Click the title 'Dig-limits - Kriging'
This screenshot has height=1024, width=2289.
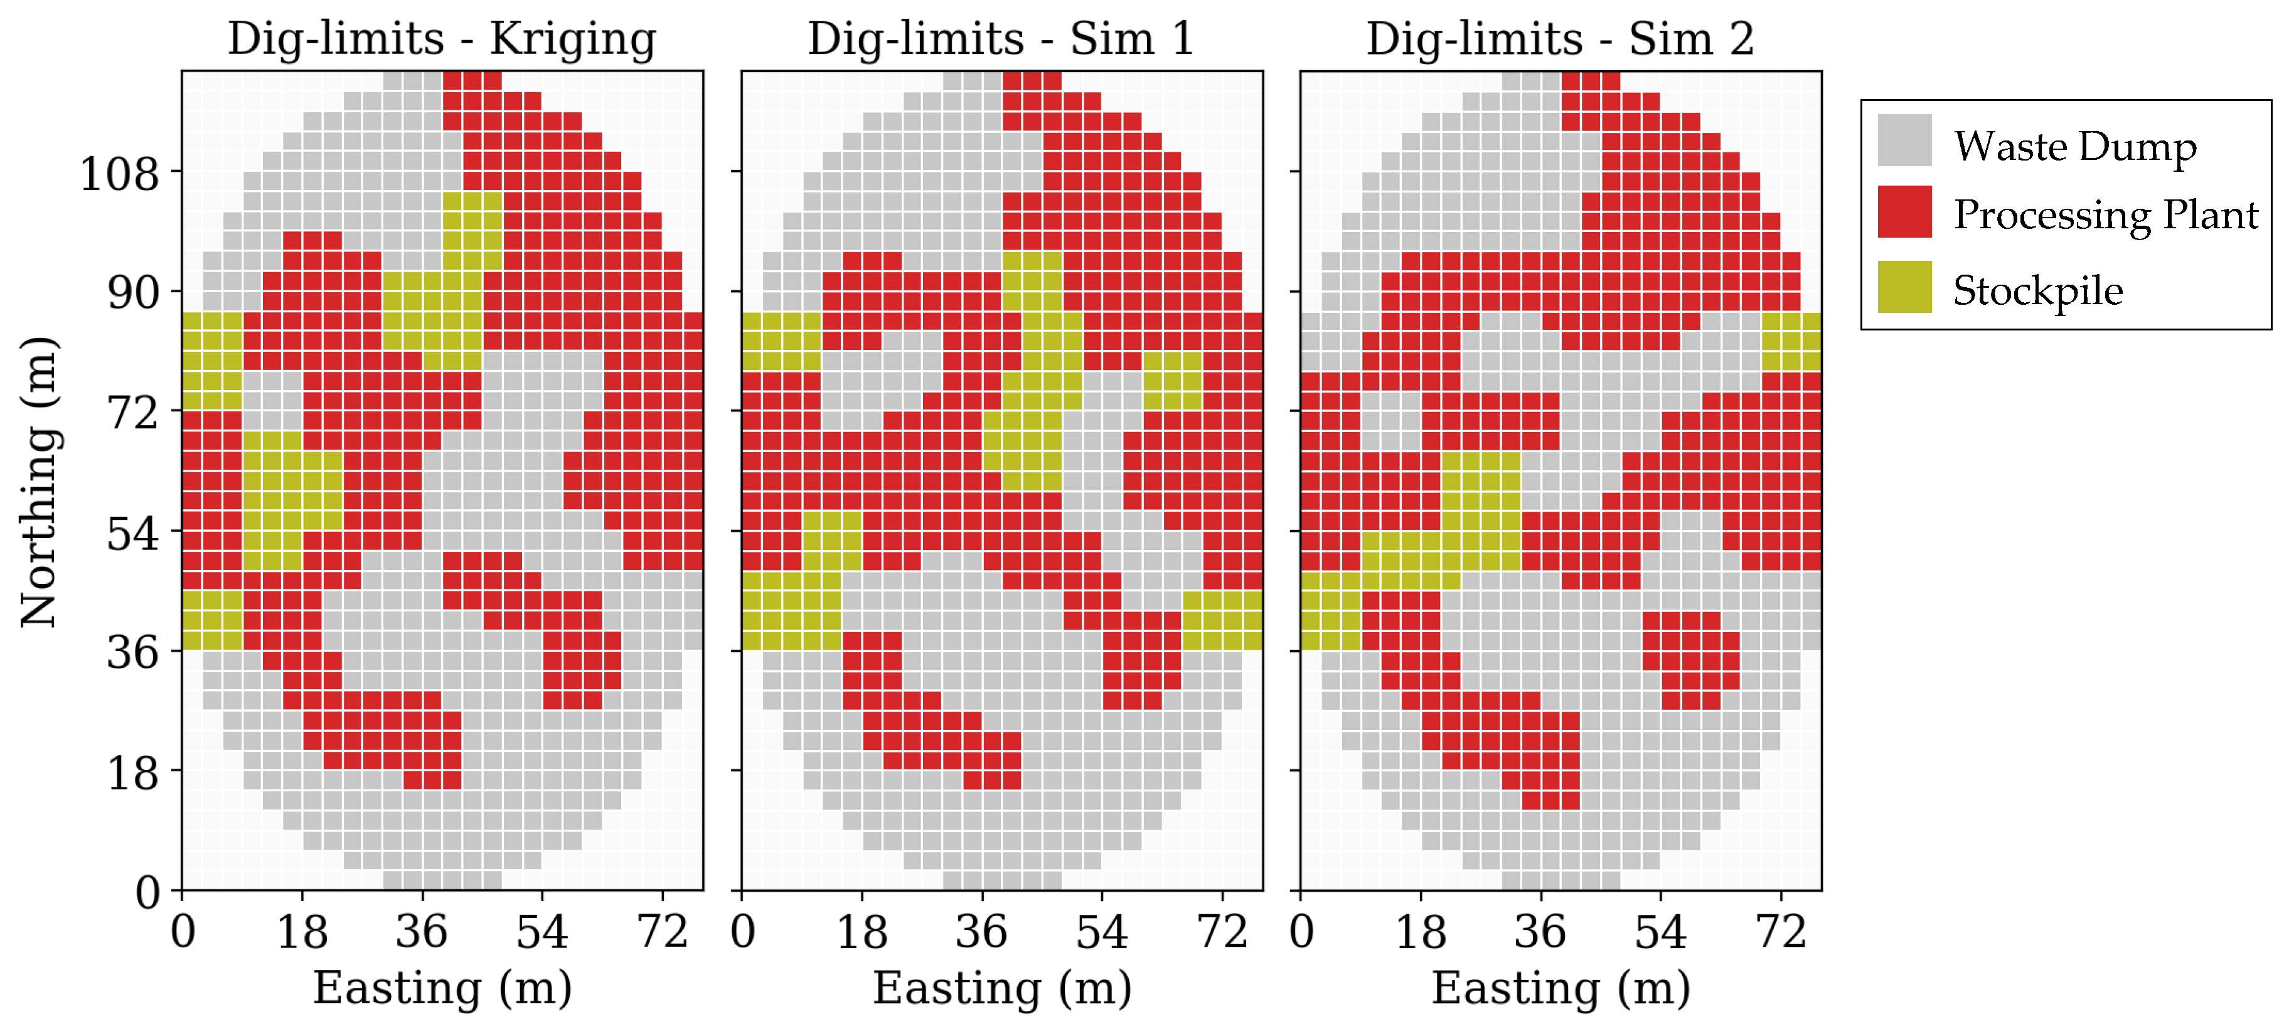coord(442,39)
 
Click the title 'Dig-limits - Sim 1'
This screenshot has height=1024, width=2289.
coord(1001,39)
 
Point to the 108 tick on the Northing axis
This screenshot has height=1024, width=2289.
coord(119,173)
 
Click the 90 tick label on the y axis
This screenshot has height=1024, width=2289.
coord(132,293)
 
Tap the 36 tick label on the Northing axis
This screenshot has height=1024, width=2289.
coord(132,653)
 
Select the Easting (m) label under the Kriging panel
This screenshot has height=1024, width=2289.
coord(442,988)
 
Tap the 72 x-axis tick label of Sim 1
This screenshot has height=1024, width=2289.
coord(1222,932)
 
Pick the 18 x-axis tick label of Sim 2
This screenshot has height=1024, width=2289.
coord(1420,932)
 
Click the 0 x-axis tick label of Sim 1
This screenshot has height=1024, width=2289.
coord(743,932)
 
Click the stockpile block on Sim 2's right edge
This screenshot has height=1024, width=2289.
coord(1791,342)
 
